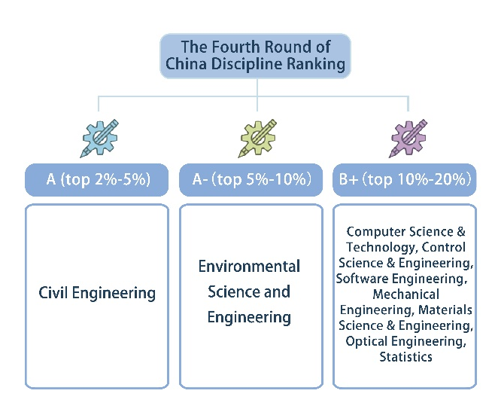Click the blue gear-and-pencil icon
coord(99,138)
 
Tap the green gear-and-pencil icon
coord(257,138)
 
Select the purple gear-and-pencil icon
coord(408,138)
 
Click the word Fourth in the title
coord(235,47)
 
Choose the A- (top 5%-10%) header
coord(251,180)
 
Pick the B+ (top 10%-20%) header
coord(405,180)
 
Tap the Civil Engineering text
coord(97,293)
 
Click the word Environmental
coord(249,266)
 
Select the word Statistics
coord(405,357)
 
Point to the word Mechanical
coord(405,294)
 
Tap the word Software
coord(362,279)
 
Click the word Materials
coord(445,310)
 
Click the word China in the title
coord(187,64)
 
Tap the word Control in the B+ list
coord(444,247)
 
